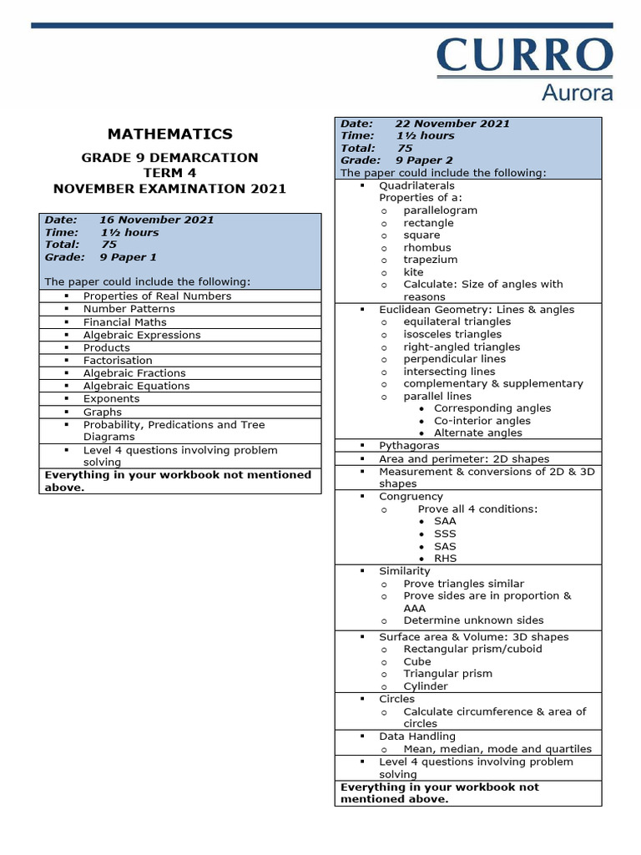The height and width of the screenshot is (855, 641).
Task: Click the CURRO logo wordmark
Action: click(x=524, y=56)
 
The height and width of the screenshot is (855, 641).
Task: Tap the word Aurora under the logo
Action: click(x=577, y=92)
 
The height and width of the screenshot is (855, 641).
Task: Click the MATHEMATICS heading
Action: click(x=170, y=134)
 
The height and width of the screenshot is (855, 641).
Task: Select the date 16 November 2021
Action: click(x=156, y=220)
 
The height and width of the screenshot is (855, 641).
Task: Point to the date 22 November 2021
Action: click(x=452, y=124)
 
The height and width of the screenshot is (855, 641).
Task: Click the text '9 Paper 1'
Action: click(x=128, y=257)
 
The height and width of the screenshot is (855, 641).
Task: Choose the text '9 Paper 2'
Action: click(x=424, y=159)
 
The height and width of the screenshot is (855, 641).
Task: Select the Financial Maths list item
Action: click(x=124, y=321)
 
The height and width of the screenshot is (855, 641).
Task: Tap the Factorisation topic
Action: click(x=118, y=360)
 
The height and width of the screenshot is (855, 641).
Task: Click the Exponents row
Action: click(x=111, y=398)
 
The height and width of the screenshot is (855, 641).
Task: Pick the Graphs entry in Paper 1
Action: click(x=103, y=412)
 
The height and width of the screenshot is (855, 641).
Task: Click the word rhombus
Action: click(x=426, y=247)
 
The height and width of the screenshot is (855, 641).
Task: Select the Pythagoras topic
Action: click(x=409, y=446)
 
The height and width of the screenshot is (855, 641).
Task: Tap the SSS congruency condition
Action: click(x=445, y=534)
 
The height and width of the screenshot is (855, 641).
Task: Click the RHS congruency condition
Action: click(x=446, y=559)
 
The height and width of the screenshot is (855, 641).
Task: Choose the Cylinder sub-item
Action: click(x=426, y=686)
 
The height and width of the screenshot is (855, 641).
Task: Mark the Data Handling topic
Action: click(x=417, y=736)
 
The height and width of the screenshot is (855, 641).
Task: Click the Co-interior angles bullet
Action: click(x=482, y=421)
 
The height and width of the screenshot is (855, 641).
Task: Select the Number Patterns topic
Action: click(x=129, y=309)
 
